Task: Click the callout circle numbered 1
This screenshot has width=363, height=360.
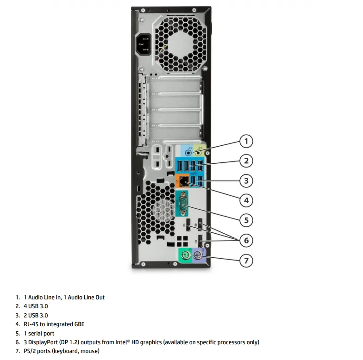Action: click(x=246, y=141)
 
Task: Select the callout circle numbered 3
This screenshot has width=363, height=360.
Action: click(x=246, y=180)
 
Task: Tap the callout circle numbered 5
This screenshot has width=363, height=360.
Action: click(x=246, y=220)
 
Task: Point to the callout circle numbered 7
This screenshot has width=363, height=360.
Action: click(x=246, y=261)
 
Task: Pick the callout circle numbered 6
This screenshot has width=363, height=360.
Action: click(x=246, y=241)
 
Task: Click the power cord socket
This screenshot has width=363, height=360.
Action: click(x=144, y=44)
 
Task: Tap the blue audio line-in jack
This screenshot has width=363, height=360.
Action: click(x=189, y=153)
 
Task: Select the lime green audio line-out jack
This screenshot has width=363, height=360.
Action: click(x=198, y=153)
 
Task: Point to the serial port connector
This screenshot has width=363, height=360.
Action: click(x=183, y=204)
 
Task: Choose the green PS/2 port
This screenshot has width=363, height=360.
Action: click(x=185, y=256)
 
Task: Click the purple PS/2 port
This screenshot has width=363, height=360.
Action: click(x=197, y=256)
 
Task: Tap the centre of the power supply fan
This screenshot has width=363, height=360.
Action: click(x=181, y=44)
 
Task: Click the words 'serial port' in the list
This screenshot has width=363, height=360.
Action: click(x=41, y=333)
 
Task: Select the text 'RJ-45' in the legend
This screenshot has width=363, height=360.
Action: click(x=31, y=324)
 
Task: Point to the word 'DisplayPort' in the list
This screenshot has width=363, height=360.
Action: click(x=43, y=342)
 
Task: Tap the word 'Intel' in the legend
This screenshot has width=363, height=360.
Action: click(x=121, y=342)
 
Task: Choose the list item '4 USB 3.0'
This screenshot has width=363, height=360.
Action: click(x=36, y=306)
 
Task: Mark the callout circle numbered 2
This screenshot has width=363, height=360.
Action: click(x=246, y=161)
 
